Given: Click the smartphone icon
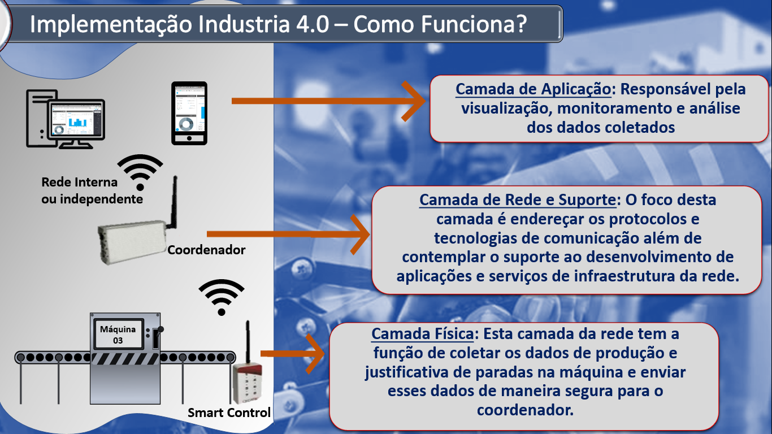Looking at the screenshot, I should point(189,113).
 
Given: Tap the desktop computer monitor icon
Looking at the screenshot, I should point(76,120).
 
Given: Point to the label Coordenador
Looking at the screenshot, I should point(206,250).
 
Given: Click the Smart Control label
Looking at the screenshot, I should point(229,413).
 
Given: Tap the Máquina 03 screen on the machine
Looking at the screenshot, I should point(118,335).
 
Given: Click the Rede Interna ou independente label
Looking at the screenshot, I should point(92,190).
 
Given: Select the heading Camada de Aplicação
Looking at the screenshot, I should point(533,89).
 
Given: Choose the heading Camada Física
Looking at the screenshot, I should point(422,333).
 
